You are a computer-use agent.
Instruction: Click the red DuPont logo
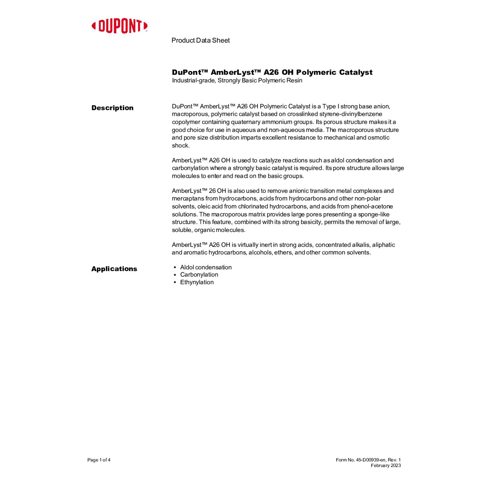(x=119, y=26)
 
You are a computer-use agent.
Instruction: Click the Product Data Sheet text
(x=200, y=40)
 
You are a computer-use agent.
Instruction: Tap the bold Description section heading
(x=112, y=108)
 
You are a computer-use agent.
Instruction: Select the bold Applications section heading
(x=114, y=269)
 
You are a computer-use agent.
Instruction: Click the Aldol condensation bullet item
(x=206, y=267)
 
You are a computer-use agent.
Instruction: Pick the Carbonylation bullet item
(x=199, y=275)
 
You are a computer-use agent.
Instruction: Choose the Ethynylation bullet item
(x=197, y=282)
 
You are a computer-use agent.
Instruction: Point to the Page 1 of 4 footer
(x=99, y=460)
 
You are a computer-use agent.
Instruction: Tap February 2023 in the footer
(x=386, y=465)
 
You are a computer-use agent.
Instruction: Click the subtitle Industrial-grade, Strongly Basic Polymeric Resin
(x=237, y=80)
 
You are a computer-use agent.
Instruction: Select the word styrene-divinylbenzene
(x=351, y=114)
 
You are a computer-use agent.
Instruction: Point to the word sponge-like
(x=374, y=214)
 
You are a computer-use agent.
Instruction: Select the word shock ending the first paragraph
(x=180, y=146)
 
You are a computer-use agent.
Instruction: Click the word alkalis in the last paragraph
(x=360, y=245)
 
